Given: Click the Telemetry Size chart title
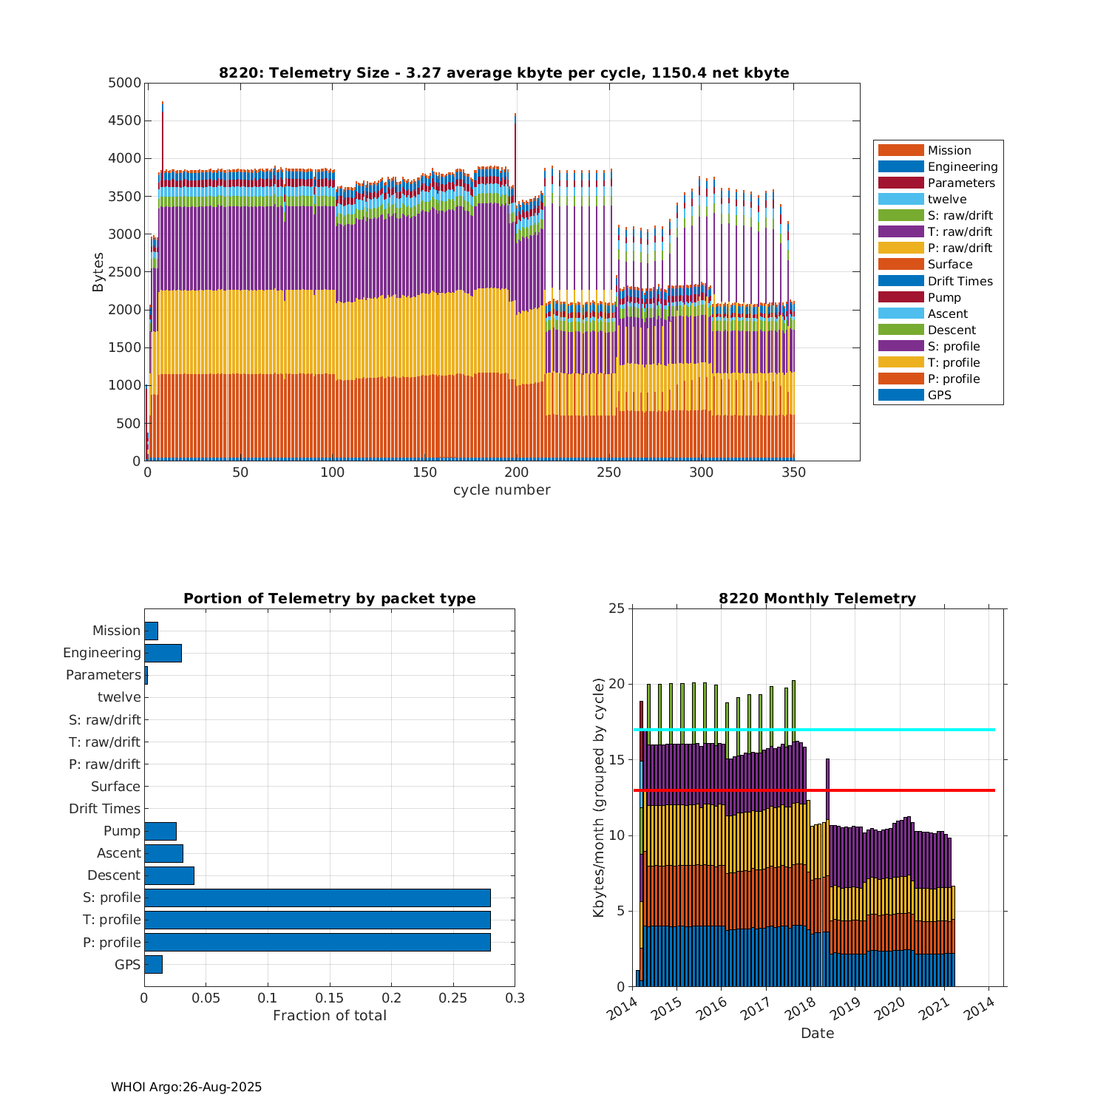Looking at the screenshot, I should (x=503, y=72).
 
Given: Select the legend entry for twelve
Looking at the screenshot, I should (x=946, y=200).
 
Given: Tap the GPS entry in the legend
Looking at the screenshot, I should (x=939, y=396).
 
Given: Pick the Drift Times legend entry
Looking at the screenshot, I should (x=960, y=281).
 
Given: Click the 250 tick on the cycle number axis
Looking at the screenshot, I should (x=609, y=472).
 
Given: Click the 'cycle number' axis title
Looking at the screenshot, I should (x=501, y=490).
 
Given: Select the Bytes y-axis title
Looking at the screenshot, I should (x=98, y=272).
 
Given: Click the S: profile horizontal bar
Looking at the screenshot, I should (x=317, y=898).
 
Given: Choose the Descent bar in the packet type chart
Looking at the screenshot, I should (x=169, y=875).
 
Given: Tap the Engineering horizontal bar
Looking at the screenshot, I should (x=163, y=653).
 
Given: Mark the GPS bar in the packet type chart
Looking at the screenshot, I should (x=153, y=964).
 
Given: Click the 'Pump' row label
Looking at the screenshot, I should (x=122, y=831).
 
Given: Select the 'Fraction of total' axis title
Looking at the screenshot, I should (x=330, y=1016).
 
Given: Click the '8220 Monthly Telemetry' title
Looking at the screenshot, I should (x=817, y=599).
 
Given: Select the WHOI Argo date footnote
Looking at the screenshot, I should (x=186, y=1087).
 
